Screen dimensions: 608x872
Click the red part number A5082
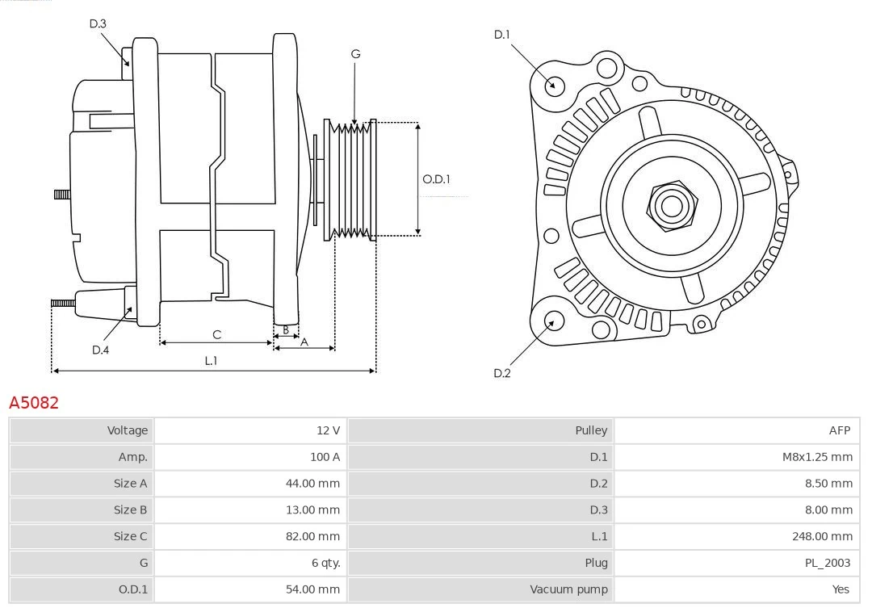[x=34, y=402]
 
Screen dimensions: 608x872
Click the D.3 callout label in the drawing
[x=98, y=24]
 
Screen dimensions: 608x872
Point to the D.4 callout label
[x=100, y=350]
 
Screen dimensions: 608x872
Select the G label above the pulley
[x=355, y=54]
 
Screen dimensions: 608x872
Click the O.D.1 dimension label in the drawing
[x=437, y=179]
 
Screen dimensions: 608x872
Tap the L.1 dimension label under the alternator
[x=211, y=361]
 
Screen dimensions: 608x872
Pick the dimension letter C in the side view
[x=216, y=334]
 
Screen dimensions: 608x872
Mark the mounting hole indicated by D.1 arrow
[x=555, y=84]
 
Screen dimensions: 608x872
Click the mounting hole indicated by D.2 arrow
[x=553, y=321]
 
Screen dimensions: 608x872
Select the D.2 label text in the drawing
[x=502, y=373]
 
